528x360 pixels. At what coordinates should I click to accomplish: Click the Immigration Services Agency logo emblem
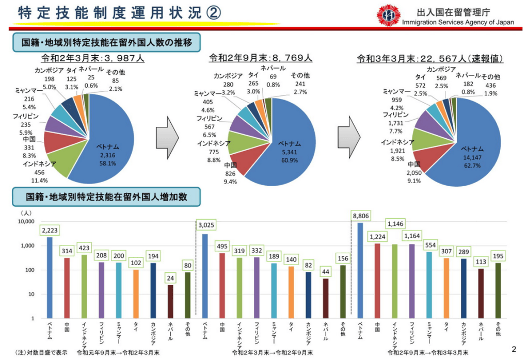click(x=388, y=15)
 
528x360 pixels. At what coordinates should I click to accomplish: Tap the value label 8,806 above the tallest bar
click(x=361, y=215)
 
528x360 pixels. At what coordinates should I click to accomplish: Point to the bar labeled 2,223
click(x=50, y=276)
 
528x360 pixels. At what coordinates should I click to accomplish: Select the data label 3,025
click(x=205, y=225)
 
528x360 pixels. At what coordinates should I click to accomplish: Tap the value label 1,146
click(x=395, y=224)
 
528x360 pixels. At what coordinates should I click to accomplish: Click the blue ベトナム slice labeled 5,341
click(x=292, y=147)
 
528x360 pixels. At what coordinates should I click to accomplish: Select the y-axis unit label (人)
click(x=26, y=212)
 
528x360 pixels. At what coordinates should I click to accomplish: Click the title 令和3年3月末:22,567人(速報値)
click(x=430, y=59)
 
